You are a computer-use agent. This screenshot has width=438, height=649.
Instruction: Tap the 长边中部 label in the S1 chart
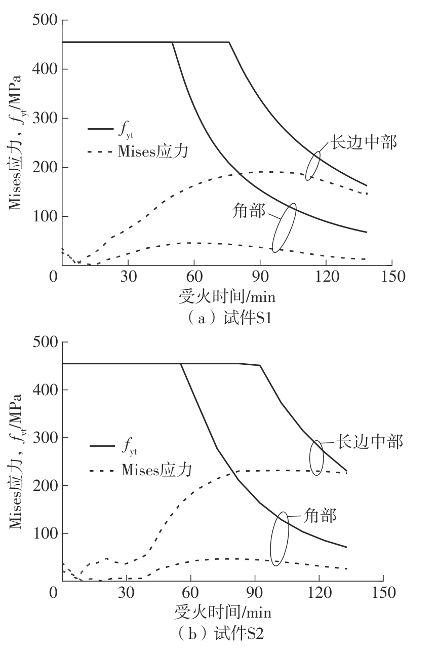(364, 142)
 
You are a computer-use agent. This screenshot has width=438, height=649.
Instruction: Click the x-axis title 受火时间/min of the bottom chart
(223, 612)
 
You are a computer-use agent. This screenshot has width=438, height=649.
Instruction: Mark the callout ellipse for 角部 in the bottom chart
(279, 539)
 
